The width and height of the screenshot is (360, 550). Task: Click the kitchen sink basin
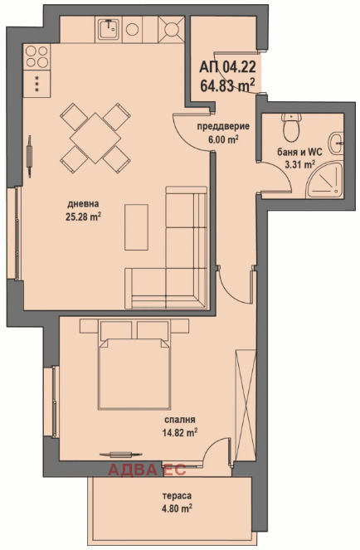pyautogui.click(x=109, y=29)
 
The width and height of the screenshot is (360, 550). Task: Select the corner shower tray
pyautogui.click(x=324, y=180)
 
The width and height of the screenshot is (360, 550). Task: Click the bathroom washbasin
pyautogui.click(x=336, y=144)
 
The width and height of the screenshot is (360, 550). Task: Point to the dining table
pyautogui.click(x=95, y=138)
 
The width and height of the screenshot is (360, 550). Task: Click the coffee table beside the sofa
pyautogui.click(x=136, y=227)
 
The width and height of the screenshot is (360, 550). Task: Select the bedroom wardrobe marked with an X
pyautogui.click(x=246, y=405)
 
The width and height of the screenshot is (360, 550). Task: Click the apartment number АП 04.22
pyautogui.click(x=227, y=66)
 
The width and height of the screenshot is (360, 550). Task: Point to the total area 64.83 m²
pyautogui.click(x=227, y=85)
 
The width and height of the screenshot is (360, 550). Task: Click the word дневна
pyautogui.click(x=83, y=203)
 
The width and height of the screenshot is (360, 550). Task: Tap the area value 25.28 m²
pyautogui.click(x=83, y=217)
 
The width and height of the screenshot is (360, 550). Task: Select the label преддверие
pyautogui.click(x=223, y=126)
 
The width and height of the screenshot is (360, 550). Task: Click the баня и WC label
pyautogui.click(x=299, y=153)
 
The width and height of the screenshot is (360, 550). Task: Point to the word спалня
pyautogui.click(x=180, y=420)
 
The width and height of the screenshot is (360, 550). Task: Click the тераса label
pyautogui.click(x=177, y=496)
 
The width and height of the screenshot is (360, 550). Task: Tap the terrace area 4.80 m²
pyautogui.click(x=177, y=509)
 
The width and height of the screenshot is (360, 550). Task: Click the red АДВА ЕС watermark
pyautogui.click(x=147, y=470)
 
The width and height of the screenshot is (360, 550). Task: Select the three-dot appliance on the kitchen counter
pyautogui.click(x=36, y=84)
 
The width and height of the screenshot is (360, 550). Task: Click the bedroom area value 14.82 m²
pyautogui.click(x=180, y=432)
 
